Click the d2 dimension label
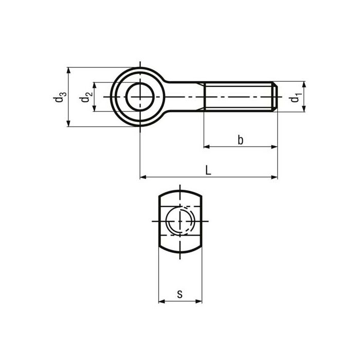pyautogui.click(x=87, y=97)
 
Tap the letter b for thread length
pyautogui.click(x=240, y=140)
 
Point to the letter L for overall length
pyautogui.click(x=208, y=170)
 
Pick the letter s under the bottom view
pyautogui.click(x=179, y=294)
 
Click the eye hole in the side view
pyautogui.click(x=140, y=97)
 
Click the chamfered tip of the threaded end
pyautogui.click(x=276, y=97)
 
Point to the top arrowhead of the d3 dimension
pyautogui.click(x=68, y=70)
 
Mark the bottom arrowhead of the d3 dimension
pyautogui.click(x=68, y=123)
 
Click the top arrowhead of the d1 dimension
pyautogui.click(x=304, y=85)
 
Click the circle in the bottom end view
pyautogui.click(x=180, y=221)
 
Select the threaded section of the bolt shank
pyautogui.click(x=239, y=97)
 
